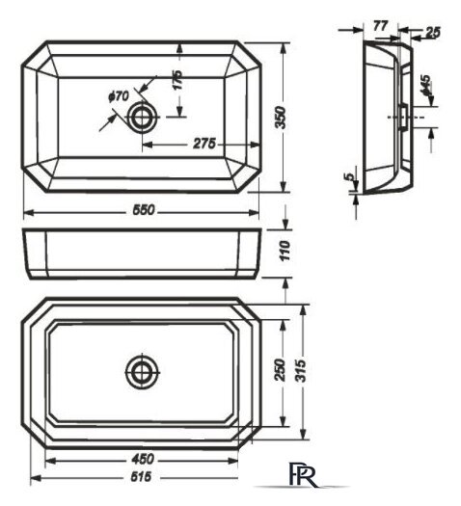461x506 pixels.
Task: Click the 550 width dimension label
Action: click(x=144, y=210)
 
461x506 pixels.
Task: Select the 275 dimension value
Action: click(x=204, y=144)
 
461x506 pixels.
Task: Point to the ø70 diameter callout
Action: click(x=119, y=96)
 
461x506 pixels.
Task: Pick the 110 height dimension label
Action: click(x=285, y=251)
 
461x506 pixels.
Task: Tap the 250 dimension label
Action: click(x=281, y=370)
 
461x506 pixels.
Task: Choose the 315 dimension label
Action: click(x=301, y=371)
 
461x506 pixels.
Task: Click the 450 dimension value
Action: click(x=143, y=459)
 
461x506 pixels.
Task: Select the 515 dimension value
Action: click(x=141, y=476)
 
